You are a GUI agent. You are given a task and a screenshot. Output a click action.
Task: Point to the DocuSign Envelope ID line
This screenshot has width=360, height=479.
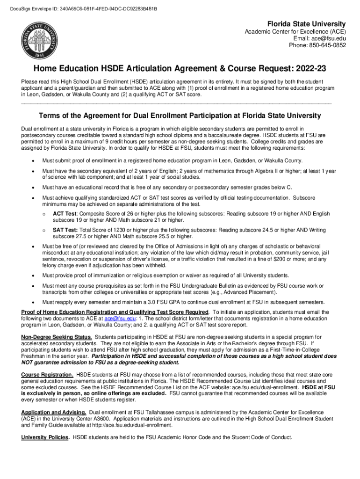pyautogui.click(x=80, y=9)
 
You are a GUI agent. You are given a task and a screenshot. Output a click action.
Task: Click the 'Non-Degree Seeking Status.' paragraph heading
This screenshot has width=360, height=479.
pyautogui.click(x=57, y=337)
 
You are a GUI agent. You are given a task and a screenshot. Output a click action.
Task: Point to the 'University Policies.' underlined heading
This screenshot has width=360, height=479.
pyautogui.click(x=45, y=437)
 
